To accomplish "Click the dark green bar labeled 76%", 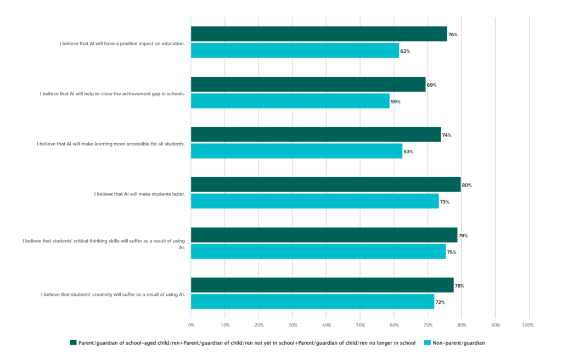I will pyautogui.click(x=318, y=34).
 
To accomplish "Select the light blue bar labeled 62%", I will pyautogui.click(x=295, y=50).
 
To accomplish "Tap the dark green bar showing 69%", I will pyautogui.click(x=308, y=85).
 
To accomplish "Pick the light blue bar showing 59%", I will pyautogui.click(x=290, y=101).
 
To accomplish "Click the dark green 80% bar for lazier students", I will pyautogui.click(x=325, y=185).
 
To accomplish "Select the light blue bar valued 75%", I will pyautogui.click(x=318, y=252).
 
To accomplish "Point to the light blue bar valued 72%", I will pyautogui.click(x=312, y=302).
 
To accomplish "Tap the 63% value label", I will pyautogui.click(x=409, y=151).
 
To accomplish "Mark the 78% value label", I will pyautogui.click(x=459, y=286).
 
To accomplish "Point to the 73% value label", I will pyautogui.click(x=445, y=202).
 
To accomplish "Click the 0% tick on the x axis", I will pyautogui.click(x=191, y=325).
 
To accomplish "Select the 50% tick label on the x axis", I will pyautogui.click(x=359, y=325).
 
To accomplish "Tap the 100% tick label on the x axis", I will pyautogui.click(x=528, y=325).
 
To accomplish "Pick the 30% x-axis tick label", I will pyautogui.click(x=292, y=325).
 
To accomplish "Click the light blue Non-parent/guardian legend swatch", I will pyautogui.click(x=427, y=343).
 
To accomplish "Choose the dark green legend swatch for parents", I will pyautogui.click(x=73, y=343).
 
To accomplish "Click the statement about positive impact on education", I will pyautogui.click(x=122, y=43).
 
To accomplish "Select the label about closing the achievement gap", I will pyautogui.click(x=112, y=93).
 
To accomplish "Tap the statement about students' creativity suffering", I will pyautogui.click(x=113, y=294).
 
